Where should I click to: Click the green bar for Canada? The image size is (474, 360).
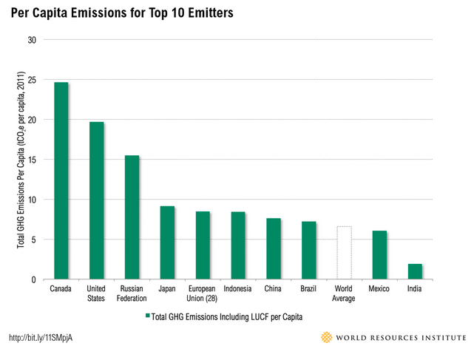(61, 181)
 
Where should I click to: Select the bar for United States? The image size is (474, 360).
(97, 200)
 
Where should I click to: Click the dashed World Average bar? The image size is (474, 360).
(344, 253)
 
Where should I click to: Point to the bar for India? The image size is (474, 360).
(415, 271)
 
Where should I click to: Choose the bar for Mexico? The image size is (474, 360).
(379, 255)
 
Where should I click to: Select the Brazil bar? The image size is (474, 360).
(308, 251)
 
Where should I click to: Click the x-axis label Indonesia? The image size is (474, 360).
(238, 288)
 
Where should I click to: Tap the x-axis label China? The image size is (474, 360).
(274, 288)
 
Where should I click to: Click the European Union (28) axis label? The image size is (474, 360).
(203, 293)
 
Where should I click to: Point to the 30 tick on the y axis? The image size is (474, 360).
(32, 40)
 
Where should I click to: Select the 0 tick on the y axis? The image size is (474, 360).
(34, 279)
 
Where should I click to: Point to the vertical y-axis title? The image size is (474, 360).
(20, 160)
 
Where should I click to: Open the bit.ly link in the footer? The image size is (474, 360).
(41, 338)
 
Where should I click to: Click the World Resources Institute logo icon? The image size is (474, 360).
(327, 338)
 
